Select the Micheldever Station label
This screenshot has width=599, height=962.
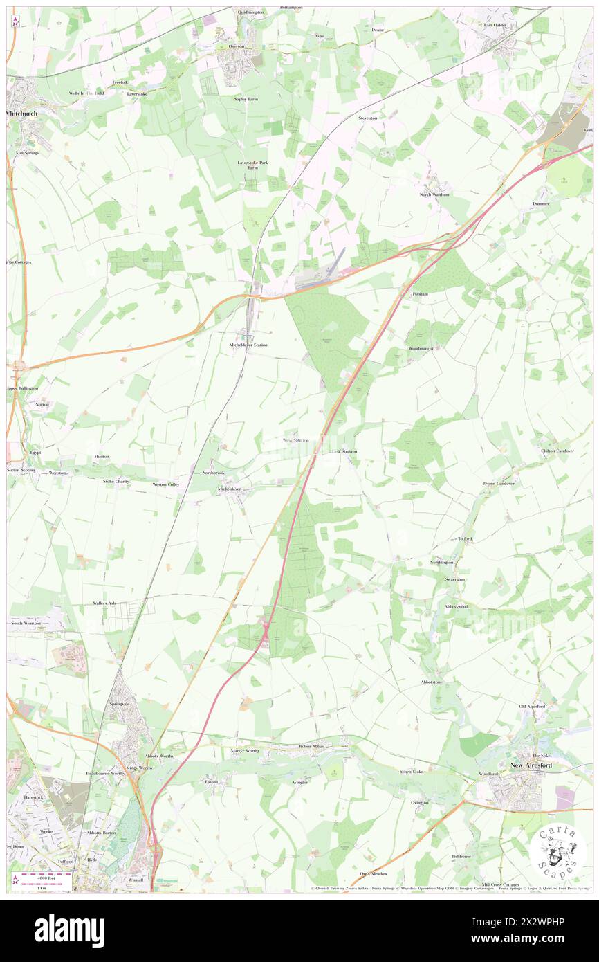pyautogui.click(x=248, y=345)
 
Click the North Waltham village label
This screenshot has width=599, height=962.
pyautogui.click(x=434, y=194)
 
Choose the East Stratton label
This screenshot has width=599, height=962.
pyautogui.click(x=344, y=451)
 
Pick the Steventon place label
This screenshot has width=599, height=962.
pyautogui.click(x=368, y=118)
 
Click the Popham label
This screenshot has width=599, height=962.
pyautogui.click(x=421, y=294)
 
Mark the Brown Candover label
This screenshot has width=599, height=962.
pyautogui.click(x=498, y=483)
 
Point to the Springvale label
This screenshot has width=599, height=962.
pyautogui.click(x=119, y=704)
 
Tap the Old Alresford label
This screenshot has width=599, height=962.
pyautogui.click(x=532, y=706)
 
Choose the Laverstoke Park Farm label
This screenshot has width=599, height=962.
pyautogui.click(x=252, y=165)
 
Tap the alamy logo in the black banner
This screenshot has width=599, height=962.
pyautogui.click(x=69, y=930)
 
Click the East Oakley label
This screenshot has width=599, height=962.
pyautogui.click(x=495, y=26)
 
